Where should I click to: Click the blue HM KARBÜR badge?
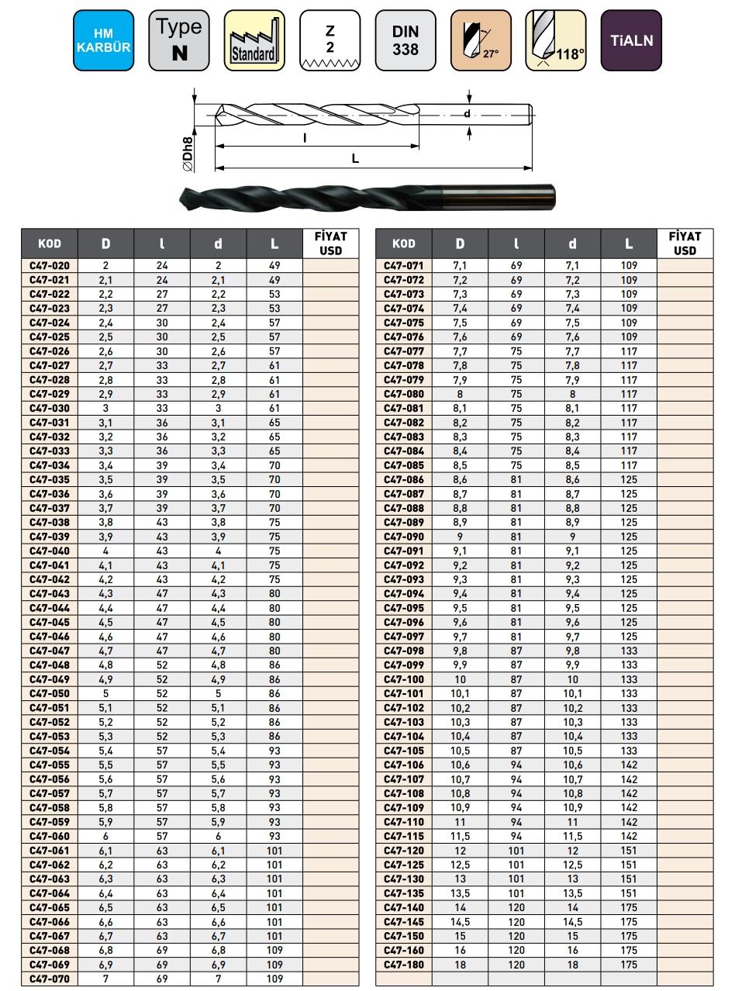pos(104,40)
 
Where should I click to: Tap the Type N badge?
pos(179,40)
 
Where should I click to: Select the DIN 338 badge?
pos(405,40)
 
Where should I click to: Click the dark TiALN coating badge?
pos(631,40)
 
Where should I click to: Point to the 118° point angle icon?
pos(556,40)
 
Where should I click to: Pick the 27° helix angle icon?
pos(481,40)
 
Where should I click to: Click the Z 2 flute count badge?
pos(330,40)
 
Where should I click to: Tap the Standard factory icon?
pos(254,40)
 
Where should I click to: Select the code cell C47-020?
pos(50,265)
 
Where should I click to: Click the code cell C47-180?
pos(404,965)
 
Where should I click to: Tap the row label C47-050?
pos(50,694)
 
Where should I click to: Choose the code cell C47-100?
pos(404,679)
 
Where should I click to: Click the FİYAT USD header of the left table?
pos(331,243)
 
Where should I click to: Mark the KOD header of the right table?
pos(404,243)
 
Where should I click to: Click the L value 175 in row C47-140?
pos(629,907)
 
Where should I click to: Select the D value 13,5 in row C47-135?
pos(461,893)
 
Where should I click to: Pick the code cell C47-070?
pos(50,979)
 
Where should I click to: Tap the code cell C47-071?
pos(404,265)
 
